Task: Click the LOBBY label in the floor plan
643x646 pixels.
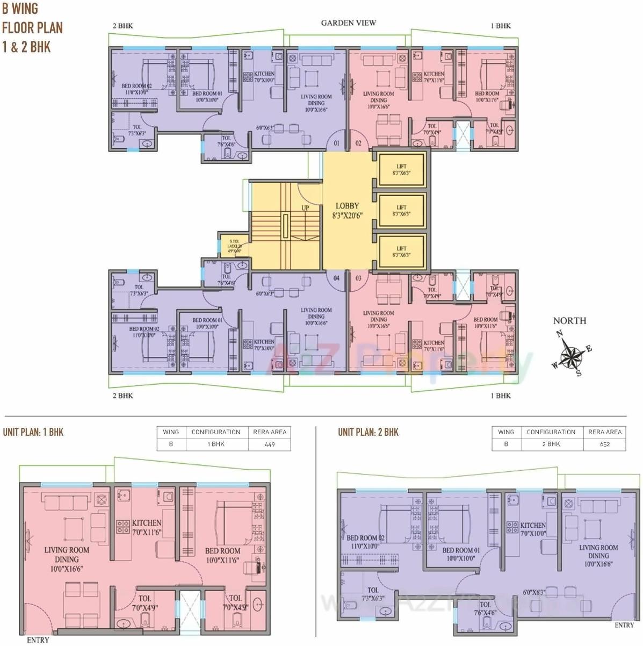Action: pos(347,206)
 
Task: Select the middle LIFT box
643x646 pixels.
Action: pos(401,210)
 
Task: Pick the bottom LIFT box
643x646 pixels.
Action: pos(401,251)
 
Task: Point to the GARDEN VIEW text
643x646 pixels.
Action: pos(348,23)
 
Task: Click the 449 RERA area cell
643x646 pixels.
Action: pos(269,444)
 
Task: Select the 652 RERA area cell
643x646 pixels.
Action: pos(604,444)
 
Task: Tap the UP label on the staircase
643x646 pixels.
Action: pos(305,207)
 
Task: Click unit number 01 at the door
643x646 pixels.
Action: pos(336,143)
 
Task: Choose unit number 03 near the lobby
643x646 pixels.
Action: pos(358,278)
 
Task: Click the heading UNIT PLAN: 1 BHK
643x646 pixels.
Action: pos(33,432)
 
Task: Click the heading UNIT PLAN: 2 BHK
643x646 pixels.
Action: pos(368,432)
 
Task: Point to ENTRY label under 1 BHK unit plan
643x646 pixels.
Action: pos(38,640)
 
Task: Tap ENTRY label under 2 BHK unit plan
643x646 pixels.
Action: pos(624,625)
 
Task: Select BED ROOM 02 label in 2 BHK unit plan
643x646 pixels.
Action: pos(365,538)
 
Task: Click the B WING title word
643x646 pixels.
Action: pos(20,9)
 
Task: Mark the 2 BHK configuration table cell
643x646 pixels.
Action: pos(551,444)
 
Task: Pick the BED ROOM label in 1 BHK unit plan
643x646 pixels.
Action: pos(222,551)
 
